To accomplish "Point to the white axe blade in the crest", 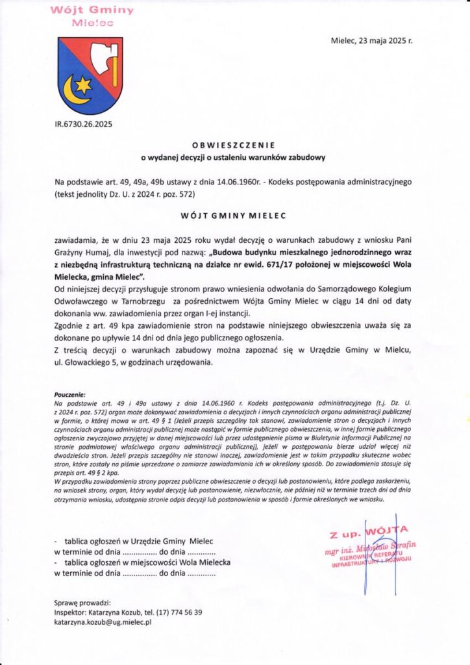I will [101, 57].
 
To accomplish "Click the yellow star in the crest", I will [82, 84].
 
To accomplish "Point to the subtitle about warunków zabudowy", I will [234, 157].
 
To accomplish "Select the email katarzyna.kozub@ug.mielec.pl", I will [103, 621].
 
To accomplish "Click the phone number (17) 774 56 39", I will [179, 612].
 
